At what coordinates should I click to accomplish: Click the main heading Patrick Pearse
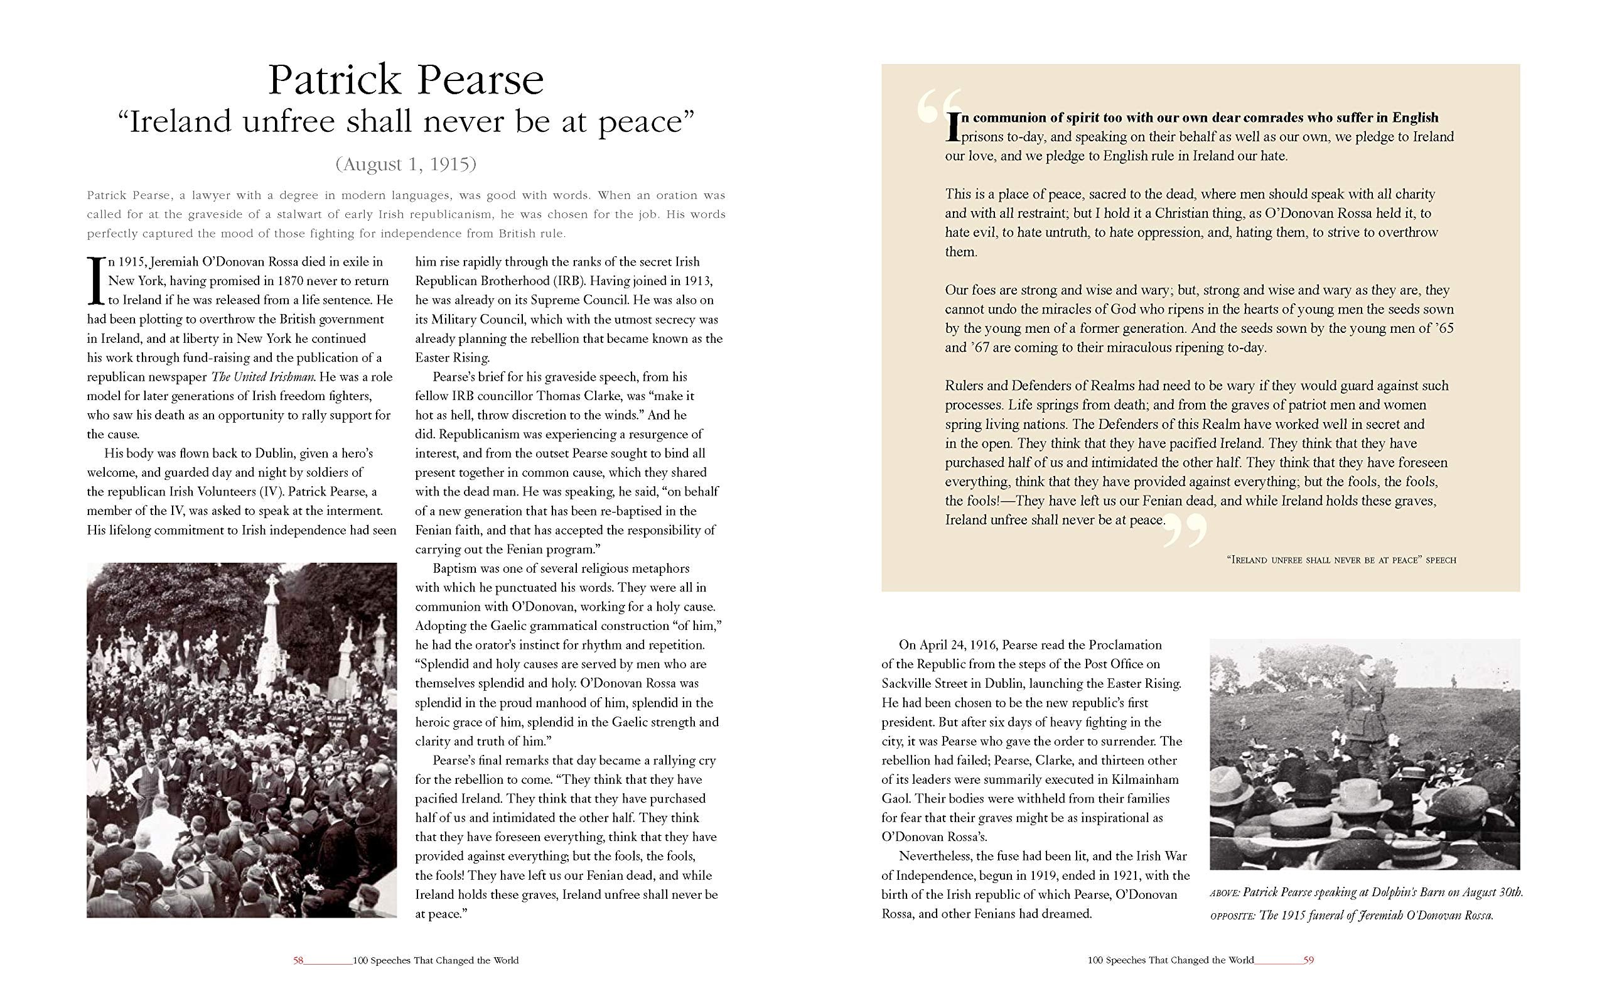click(x=406, y=80)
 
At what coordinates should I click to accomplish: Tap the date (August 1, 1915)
click(x=406, y=164)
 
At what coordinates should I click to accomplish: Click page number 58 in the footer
click(x=298, y=961)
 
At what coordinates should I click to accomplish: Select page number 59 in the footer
click(x=1309, y=961)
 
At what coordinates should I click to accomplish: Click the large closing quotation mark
click(x=1185, y=529)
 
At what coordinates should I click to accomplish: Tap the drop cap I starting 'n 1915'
click(x=95, y=280)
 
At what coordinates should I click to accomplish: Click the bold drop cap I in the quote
click(x=953, y=126)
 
